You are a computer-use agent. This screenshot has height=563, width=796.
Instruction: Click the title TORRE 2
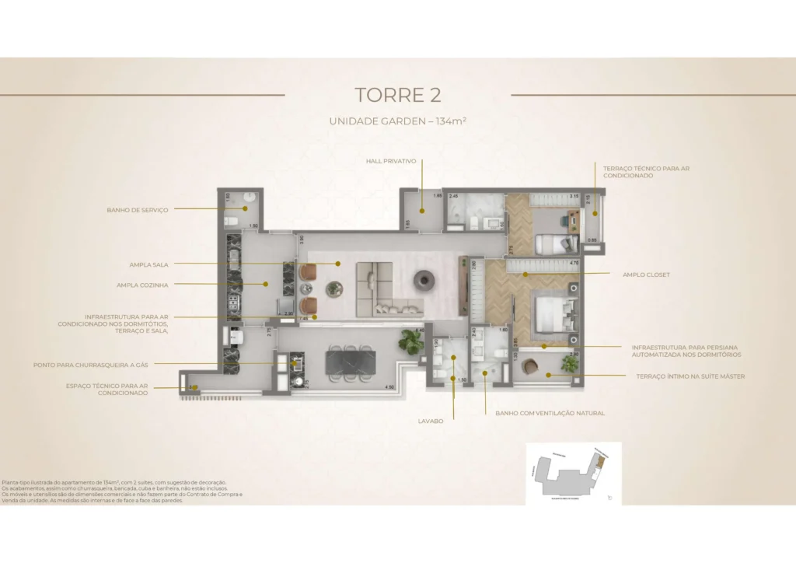click(x=397, y=95)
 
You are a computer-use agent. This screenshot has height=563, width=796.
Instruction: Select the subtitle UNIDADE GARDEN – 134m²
click(x=397, y=121)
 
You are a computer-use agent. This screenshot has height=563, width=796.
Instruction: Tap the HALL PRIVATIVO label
click(x=391, y=161)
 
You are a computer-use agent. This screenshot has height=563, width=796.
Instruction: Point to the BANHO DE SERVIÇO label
click(x=138, y=209)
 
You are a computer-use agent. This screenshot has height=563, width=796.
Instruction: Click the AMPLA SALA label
click(x=149, y=264)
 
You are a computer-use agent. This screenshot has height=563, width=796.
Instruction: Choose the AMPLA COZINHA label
click(x=142, y=285)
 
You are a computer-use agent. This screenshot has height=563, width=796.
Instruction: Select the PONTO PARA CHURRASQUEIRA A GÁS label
click(x=90, y=364)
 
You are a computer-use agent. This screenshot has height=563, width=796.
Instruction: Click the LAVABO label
click(x=430, y=421)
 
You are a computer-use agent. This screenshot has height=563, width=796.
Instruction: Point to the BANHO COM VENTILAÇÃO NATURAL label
click(x=550, y=413)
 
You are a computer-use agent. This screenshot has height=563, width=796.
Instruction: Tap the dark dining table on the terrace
click(x=350, y=362)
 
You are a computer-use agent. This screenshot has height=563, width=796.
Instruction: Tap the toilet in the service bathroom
click(x=229, y=221)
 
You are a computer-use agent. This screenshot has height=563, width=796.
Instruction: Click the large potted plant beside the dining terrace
click(x=410, y=341)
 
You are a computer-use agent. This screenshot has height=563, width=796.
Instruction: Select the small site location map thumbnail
click(x=573, y=473)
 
